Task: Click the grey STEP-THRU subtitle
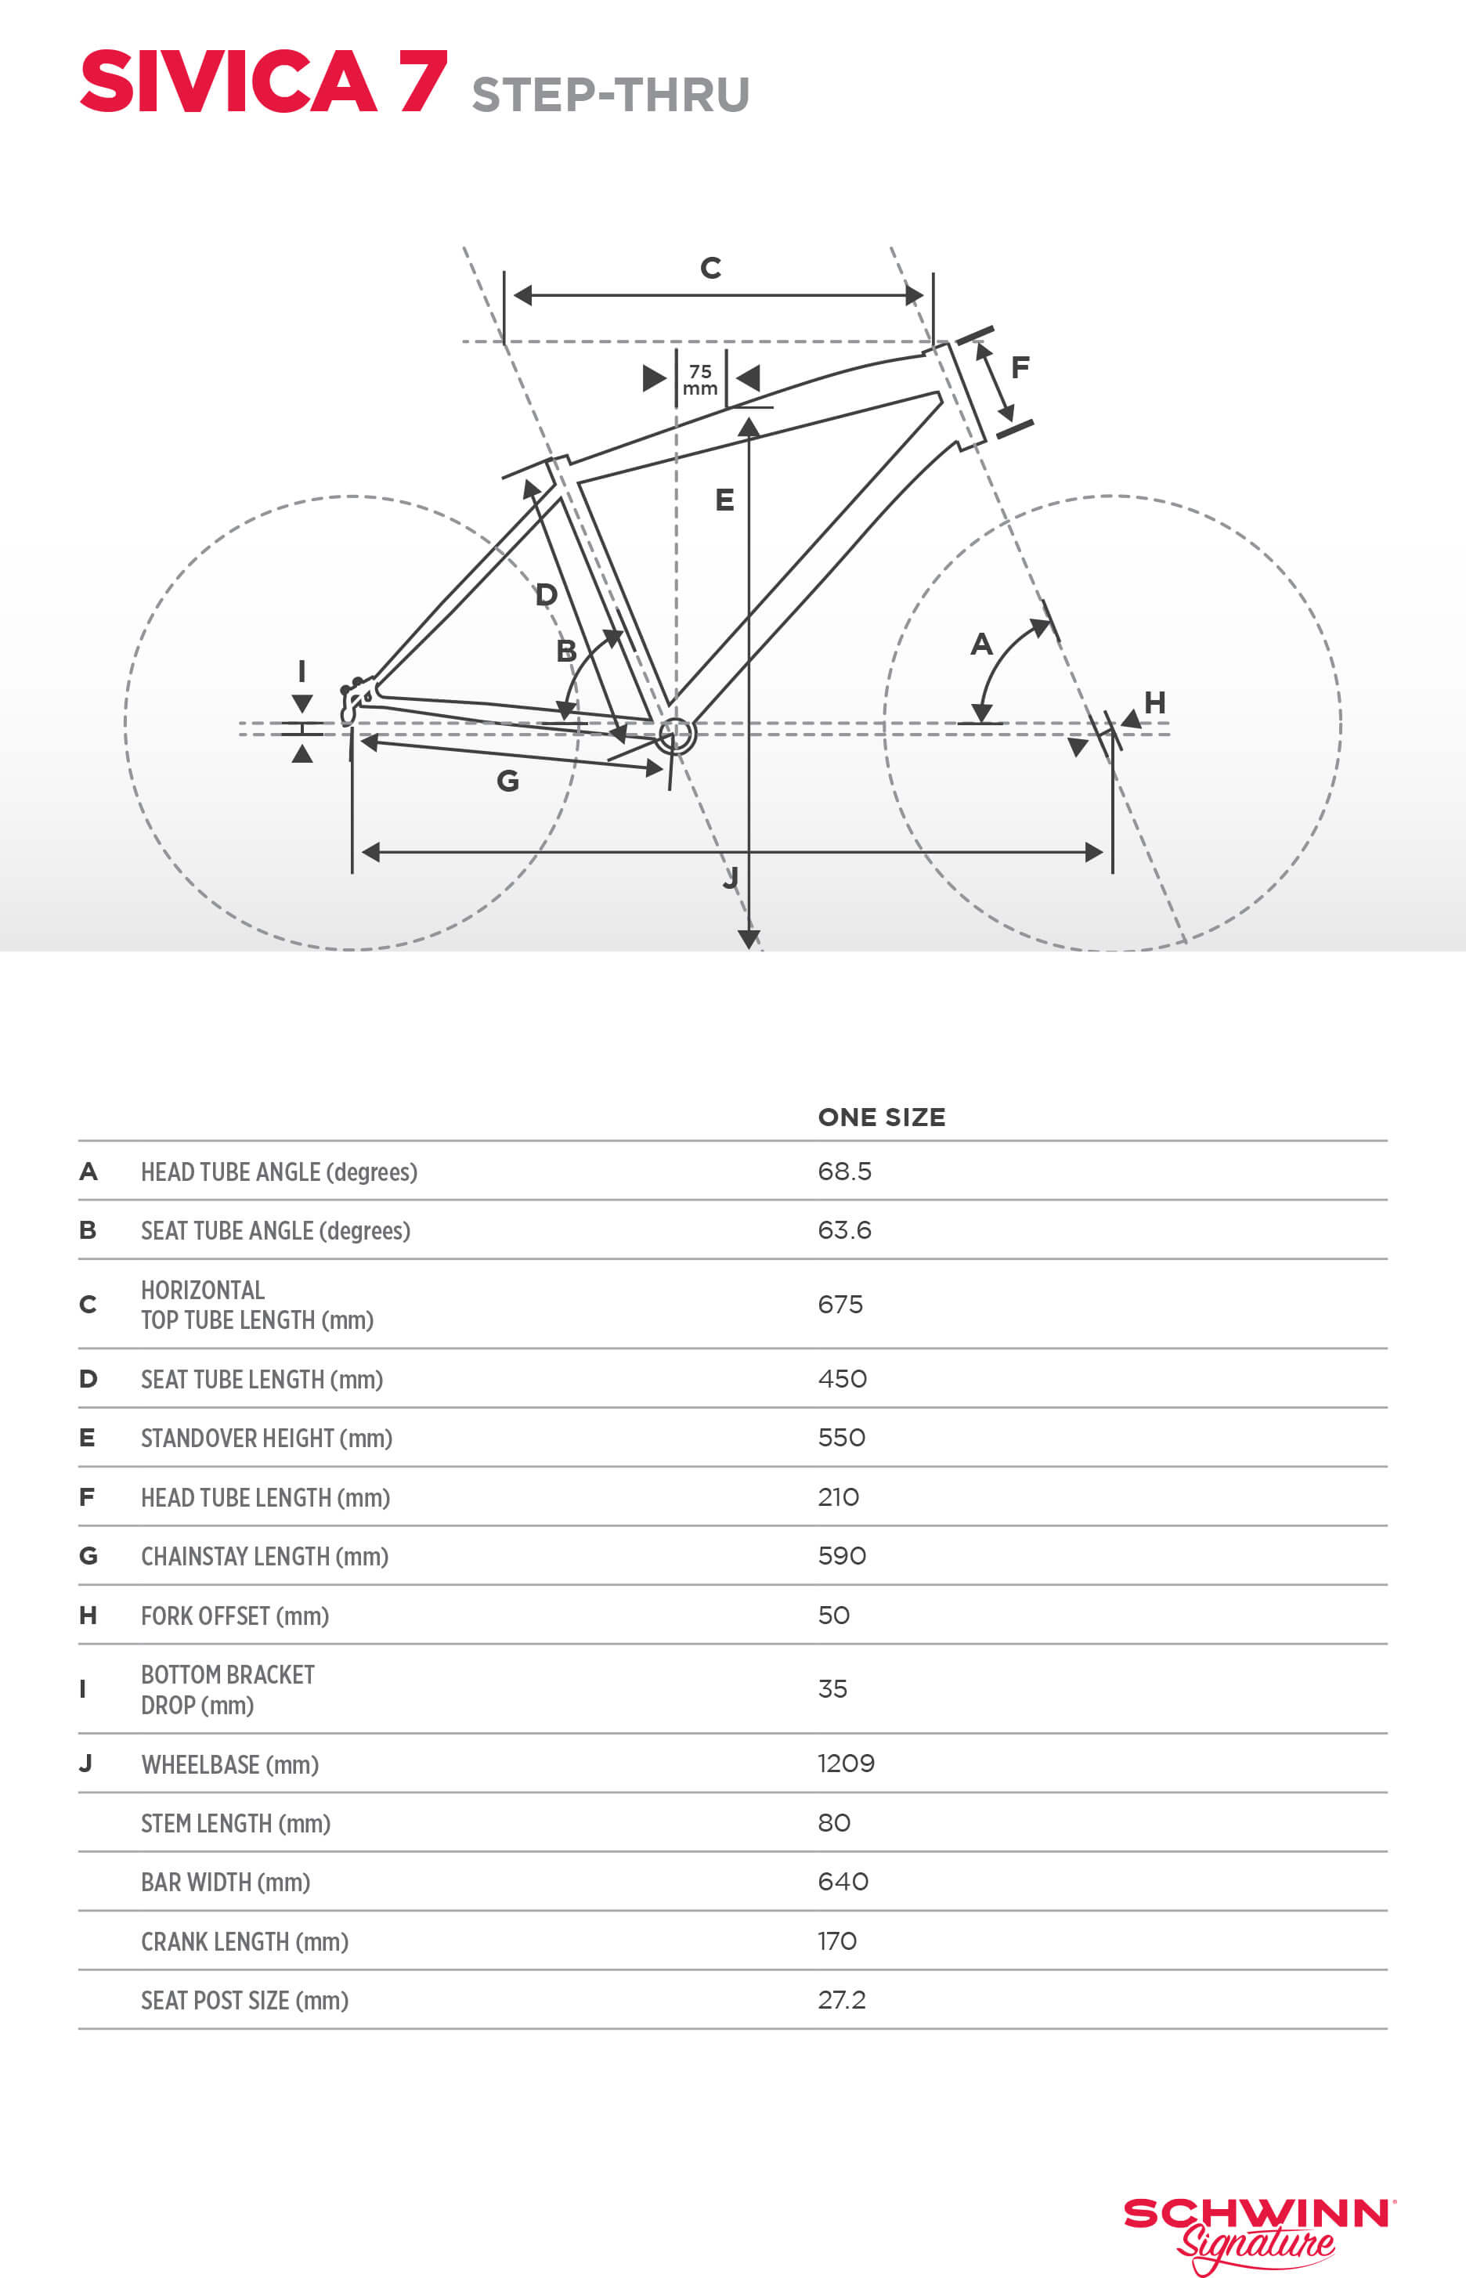610,96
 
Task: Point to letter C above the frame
710,268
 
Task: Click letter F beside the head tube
1020,366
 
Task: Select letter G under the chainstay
507,781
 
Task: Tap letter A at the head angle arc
980,644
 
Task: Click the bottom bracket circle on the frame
676,734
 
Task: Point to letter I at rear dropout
302,671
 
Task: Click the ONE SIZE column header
882,1117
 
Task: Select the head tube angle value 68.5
844,1171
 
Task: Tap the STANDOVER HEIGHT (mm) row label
266,1438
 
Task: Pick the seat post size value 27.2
842,1999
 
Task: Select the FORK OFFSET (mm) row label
235,1616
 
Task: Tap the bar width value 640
843,1881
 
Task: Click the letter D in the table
88,1378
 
